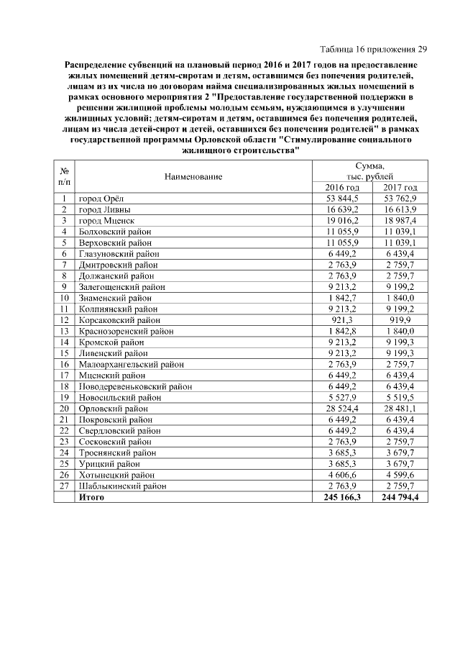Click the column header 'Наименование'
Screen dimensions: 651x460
click(193, 176)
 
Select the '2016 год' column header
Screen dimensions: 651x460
click(343, 187)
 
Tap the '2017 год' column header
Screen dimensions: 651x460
click(400, 187)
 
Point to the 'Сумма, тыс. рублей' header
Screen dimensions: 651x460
click(371, 170)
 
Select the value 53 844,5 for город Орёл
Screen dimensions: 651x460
click(343, 199)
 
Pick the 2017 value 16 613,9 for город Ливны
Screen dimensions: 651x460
click(400, 209)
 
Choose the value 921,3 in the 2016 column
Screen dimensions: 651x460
click(343, 319)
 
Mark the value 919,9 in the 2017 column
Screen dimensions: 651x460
click(400, 319)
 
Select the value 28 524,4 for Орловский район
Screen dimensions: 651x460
click(343, 408)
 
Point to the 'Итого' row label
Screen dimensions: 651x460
click(91, 496)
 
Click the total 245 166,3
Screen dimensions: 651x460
click(343, 496)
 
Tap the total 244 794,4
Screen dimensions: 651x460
click(400, 496)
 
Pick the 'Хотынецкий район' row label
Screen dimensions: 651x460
click(116, 474)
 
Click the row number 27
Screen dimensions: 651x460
click(65, 486)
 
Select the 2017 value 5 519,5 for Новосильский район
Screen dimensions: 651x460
click(400, 397)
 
